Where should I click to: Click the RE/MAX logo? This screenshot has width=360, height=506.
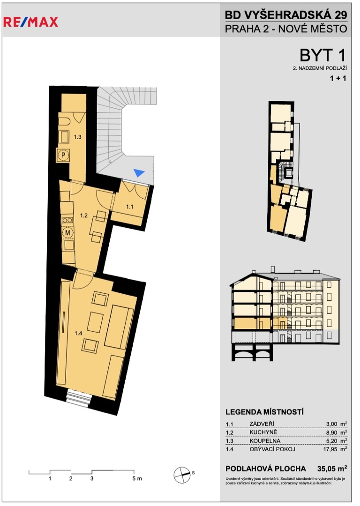[x=30, y=22]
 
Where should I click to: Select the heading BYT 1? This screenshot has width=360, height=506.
[x=323, y=55]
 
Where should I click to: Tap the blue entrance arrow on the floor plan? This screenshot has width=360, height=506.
[x=139, y=172]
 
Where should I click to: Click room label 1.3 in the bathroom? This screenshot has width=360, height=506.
[x=77, y=137]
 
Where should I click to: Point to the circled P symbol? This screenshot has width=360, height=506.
[x=64, y=156]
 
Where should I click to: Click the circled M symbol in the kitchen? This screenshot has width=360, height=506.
[x=68, y=232]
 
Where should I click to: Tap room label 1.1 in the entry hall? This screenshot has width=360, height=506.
[x=129, y=207]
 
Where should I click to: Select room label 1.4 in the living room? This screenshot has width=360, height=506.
[x=78, y=334]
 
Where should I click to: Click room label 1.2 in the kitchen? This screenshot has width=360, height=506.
[x=84, y=215]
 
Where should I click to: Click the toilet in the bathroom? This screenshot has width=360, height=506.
[x=64, y=122]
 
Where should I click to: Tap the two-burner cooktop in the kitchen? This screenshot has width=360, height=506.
[x=67, y=220]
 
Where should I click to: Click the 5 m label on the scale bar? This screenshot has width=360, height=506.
[x=137, y=478]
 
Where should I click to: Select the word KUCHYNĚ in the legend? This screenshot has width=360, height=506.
[x=263, y=432]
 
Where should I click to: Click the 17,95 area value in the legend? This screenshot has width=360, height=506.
[x=330, y=449]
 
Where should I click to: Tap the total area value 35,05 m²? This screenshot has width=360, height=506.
[x=332, y=468]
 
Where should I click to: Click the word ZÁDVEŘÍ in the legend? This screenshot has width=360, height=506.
[x=262, y=424]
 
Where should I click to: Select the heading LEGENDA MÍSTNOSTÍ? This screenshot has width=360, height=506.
[x=264, y=412]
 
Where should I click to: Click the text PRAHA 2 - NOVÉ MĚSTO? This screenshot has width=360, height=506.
[x=286, y=29]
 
